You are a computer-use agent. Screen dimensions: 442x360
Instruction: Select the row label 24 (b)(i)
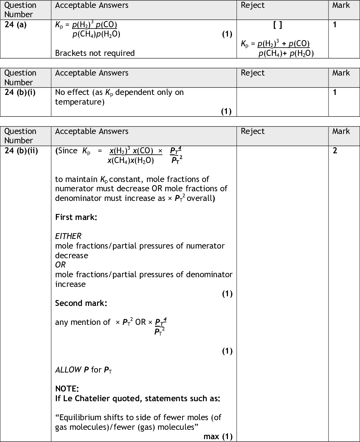20,92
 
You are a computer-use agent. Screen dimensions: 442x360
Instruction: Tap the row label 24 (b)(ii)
21,150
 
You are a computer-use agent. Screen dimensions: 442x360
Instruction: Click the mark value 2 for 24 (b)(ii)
335,150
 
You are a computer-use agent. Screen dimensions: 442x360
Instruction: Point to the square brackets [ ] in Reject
277,25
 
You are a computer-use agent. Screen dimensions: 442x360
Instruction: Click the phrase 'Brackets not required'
95,53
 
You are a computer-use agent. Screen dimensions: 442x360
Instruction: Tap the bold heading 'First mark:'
76,217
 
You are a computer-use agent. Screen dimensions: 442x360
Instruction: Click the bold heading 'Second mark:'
81,303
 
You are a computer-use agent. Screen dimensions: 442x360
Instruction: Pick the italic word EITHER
68,236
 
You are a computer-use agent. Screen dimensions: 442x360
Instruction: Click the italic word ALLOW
68,370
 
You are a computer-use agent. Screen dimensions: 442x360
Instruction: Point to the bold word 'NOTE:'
67,389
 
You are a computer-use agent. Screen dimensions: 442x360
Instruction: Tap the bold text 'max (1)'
218,436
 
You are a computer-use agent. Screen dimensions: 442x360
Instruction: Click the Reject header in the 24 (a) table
253,5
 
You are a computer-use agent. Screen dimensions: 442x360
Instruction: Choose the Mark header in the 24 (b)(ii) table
341,131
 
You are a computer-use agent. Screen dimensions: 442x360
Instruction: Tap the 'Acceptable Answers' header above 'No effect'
92,73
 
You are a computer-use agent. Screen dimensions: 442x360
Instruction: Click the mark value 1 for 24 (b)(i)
335,92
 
